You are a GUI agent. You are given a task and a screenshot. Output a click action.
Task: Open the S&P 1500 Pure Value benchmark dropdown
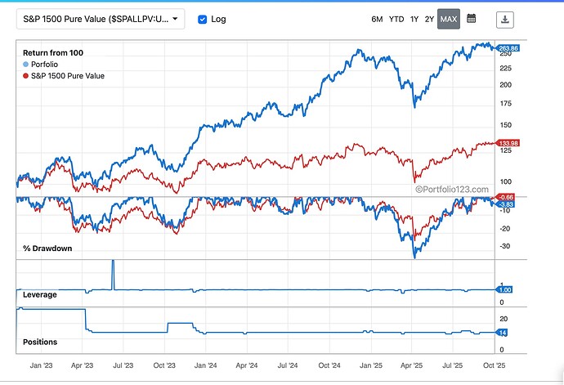(x=101, y=19)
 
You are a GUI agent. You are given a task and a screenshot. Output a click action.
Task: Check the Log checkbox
(x=203, y=19)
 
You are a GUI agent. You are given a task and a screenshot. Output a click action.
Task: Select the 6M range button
(x=377, y=19)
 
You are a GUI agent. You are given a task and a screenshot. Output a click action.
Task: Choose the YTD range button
(x=396, y=19)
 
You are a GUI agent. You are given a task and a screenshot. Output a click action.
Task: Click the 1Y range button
(x=414, y=19)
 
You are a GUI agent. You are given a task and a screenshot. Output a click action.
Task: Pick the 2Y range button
(x=430, y=19)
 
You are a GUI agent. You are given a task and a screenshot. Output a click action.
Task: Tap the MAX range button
(x=449, y=19)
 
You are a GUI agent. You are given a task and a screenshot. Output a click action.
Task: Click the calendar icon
(x=471, y=19)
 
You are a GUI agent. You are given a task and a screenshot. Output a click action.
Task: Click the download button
(x=506, y=19)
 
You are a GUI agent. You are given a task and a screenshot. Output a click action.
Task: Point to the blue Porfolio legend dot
(x=26, y=65)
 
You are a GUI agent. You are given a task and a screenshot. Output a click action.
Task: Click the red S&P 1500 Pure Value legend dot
(x=26, y=76)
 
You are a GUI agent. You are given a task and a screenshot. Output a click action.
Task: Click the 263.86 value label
(x=509, y=48)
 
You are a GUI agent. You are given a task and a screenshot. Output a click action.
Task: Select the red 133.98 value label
(x=509, y=143)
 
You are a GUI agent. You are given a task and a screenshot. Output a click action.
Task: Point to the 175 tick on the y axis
(x=507, y=104)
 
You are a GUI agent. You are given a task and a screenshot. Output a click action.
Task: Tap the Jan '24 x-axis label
(x=207, y=366)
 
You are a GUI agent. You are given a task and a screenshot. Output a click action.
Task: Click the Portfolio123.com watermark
(x=453, y=189)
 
